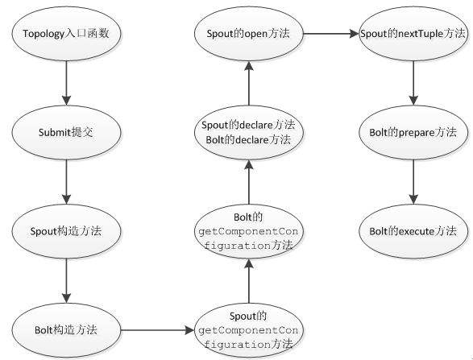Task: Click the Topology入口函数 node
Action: (66, 36)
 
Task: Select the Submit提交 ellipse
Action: (66, 131)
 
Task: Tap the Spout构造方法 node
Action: (66, 230)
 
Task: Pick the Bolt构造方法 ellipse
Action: (66, 329)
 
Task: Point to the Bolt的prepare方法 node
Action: (413, 131)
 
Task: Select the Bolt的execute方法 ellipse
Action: (413, 230)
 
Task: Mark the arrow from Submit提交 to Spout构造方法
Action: (66, 180)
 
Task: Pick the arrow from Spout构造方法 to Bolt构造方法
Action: (66, 279)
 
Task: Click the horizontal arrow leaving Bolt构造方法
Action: (157, 329)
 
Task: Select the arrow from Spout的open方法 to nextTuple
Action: (330, 35)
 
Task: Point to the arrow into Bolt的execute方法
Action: (413, 180)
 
